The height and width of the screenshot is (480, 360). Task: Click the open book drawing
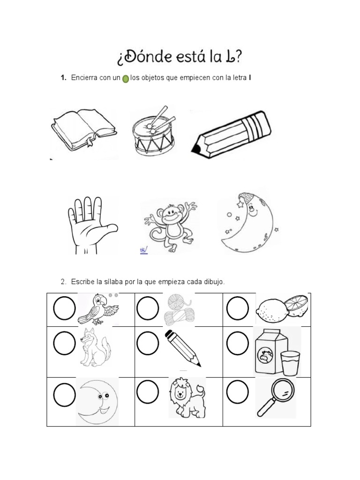(x=83, y=128)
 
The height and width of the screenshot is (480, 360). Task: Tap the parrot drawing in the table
(x=97, y=308)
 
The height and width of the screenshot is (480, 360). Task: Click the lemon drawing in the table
(x=282, y=308)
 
